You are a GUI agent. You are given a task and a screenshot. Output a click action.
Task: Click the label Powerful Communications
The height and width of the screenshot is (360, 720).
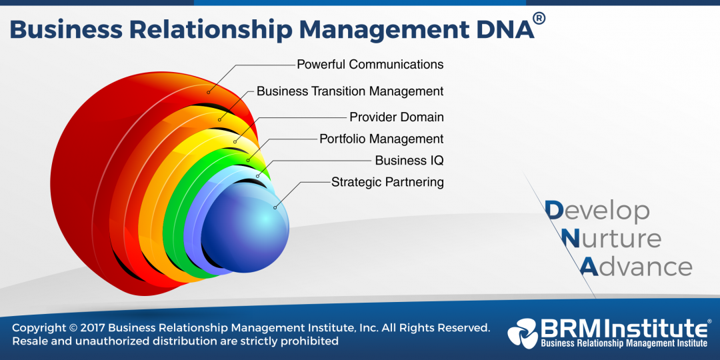point(370,65)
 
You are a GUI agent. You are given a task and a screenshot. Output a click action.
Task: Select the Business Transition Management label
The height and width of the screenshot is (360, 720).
point(350,91)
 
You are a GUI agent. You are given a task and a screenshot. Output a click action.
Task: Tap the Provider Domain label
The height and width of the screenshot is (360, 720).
point(397,117)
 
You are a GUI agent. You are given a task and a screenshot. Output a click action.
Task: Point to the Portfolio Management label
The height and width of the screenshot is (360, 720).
point(381,139)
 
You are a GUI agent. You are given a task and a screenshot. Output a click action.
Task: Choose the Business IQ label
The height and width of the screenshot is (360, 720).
point(409,161)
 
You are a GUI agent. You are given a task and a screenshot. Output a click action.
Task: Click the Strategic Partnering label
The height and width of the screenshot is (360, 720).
point(387,182)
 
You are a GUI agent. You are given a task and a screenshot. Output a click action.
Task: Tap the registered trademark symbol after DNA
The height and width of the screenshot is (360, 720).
point(539,19)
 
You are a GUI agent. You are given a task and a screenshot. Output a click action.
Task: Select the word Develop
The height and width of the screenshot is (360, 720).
point(597,211)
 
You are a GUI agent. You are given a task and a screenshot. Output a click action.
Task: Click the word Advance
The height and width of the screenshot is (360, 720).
point(636,267)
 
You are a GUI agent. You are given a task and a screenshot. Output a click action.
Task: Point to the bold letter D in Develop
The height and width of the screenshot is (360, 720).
point(553,211)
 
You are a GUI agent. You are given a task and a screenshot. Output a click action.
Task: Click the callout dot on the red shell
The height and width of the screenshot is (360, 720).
point(209,91)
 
